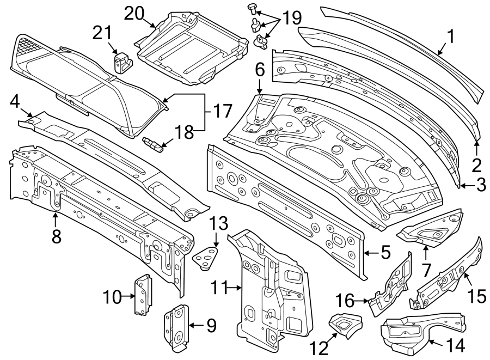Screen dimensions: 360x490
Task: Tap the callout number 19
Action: click(292, 19)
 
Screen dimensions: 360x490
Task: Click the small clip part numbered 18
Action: click(153, 144)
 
